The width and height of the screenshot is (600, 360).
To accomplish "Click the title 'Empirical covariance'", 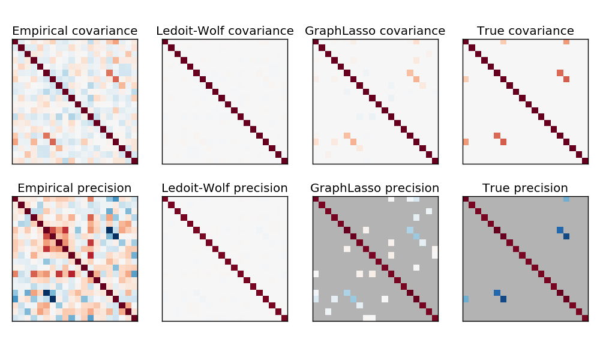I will pos(74,31).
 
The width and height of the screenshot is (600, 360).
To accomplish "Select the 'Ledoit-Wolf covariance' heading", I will pos(225,31).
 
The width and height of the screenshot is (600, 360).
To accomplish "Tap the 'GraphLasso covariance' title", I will pos(375,31).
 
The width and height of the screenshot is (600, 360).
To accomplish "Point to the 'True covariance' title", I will pos(526,31).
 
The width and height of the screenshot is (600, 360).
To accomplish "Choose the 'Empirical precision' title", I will pos(74,188).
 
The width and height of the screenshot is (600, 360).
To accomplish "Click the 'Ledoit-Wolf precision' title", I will pos(225,188).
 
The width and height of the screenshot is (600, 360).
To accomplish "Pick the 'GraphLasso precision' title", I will pos(375,188).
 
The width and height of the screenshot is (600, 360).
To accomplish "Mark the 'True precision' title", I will pos(526,188).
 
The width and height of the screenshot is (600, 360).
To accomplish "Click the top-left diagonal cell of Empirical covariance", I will pos(15,42).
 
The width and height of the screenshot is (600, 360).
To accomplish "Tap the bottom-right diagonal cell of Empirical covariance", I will pos(134,161).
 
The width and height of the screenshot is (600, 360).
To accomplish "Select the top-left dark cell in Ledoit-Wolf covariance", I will pos(165,42).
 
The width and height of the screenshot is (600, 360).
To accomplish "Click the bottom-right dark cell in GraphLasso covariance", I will pos(435,161).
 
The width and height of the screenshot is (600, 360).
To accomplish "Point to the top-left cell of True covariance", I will pos(466,42).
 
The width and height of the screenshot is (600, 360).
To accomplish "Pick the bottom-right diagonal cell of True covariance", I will pos(585,161).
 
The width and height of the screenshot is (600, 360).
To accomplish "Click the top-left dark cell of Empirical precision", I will pos(15,199).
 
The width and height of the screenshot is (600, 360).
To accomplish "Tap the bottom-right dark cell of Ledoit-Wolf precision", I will pos(284,318).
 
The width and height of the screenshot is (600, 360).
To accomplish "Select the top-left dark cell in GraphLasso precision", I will pos(316,199).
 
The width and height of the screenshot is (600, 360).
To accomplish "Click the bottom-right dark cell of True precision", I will pos(585,318).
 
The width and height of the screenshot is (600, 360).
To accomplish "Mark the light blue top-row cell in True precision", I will pos(566,199).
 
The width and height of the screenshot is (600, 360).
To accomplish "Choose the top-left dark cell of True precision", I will pos(466,199).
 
